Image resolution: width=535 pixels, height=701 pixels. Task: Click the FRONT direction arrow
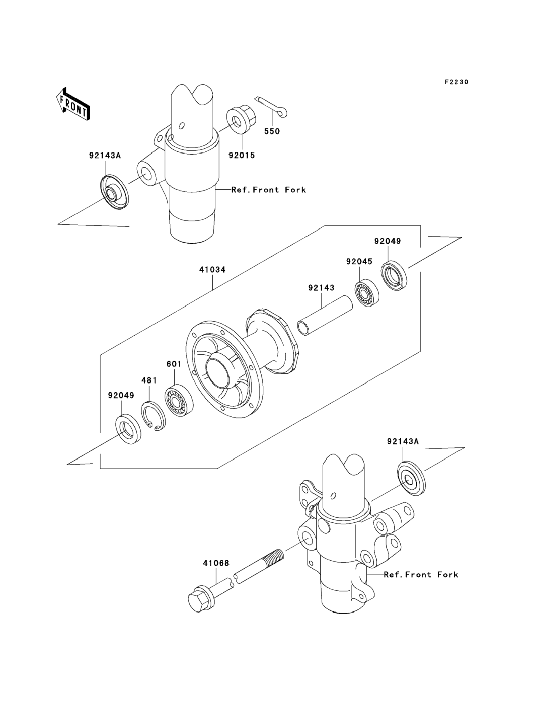(73, 104)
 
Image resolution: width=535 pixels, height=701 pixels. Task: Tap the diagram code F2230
(457, 82)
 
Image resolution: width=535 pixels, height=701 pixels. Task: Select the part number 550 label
(272, 131)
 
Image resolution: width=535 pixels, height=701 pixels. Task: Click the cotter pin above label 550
(271, 107)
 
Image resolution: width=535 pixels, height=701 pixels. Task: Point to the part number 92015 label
(242, 155)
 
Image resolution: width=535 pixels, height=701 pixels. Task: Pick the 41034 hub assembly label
(212, 269)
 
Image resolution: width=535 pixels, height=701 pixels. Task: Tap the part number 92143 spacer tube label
(321, 288)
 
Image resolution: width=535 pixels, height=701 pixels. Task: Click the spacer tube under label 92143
(325, 315)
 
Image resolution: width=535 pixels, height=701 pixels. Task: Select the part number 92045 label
(359, 261)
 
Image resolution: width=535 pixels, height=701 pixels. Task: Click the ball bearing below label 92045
(367, 293)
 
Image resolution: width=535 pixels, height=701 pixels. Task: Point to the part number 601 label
(174, 364)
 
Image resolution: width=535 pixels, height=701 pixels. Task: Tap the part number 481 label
(149, 380)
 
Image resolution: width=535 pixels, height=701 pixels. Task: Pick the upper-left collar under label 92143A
(114, 192)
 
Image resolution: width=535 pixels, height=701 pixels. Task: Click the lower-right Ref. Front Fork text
(421, 575)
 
